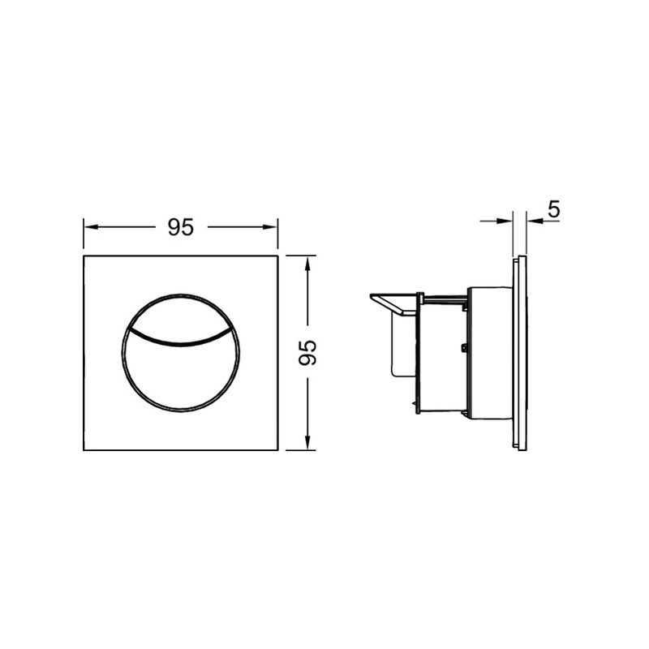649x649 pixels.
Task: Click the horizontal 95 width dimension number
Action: (x=181, y=227)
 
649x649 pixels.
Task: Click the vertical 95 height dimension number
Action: (x=307, y=353)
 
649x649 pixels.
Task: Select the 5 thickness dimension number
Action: (x=554, y=209)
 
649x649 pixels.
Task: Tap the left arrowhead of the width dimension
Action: (x=91, y=227)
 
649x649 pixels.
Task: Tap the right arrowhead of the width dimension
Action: (x=270, y=227)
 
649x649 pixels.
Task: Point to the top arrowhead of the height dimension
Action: (x=307, y=263)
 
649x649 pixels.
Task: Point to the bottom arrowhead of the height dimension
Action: (x=307, y=442)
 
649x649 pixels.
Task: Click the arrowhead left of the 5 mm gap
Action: (x=505, y=221)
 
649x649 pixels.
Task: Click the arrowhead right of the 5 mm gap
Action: (x=535, y=221)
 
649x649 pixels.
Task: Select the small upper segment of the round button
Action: (x=181, y=315)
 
